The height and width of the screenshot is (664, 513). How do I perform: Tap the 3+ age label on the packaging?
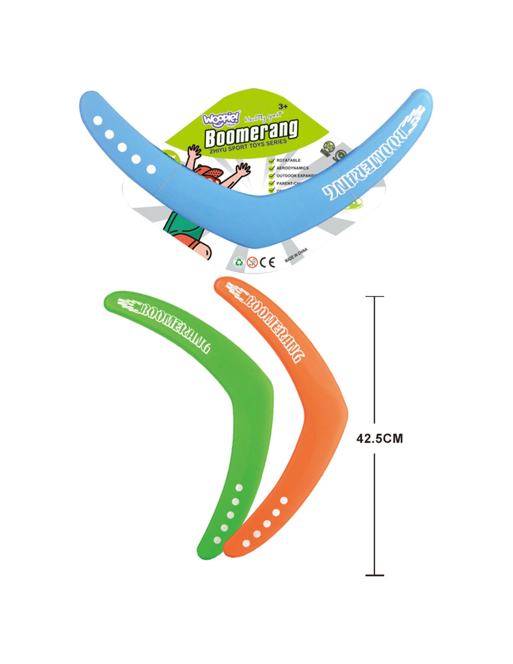(x=283, y=106)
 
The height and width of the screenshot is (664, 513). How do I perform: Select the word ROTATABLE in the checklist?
(x=288, y=160)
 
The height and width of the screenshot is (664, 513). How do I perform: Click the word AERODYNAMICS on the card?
(x=292, y=168)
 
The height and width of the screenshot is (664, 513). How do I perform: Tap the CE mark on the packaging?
(x=267, y=262)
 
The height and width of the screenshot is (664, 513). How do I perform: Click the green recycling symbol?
(x=239, y=262)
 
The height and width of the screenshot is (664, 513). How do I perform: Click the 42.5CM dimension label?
(x=379, y=438)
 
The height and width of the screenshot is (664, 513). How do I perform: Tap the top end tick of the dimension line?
(x=374, y=297)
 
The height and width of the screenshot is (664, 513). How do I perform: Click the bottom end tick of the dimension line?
(x=374, y=575)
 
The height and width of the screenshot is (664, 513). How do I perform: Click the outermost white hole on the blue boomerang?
(x=98, y=121)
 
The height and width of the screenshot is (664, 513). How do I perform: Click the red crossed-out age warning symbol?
(x=252, y=262)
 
